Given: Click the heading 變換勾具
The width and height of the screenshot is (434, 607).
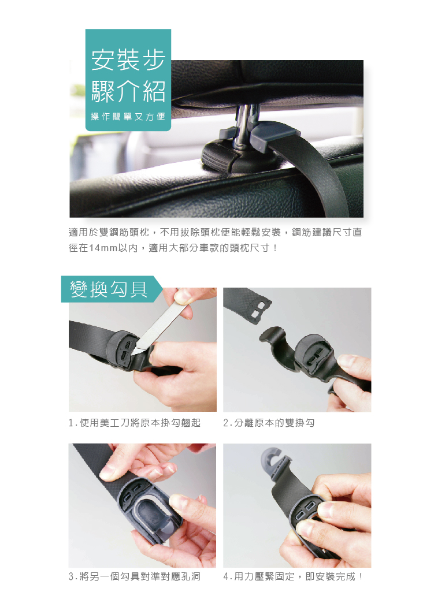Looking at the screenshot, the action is click(x=109, y=289).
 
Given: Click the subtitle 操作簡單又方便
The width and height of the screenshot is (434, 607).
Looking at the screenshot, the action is click(x=128, y=117).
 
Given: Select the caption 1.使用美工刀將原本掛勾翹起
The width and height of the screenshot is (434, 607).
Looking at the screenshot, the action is click(x=135, y=423).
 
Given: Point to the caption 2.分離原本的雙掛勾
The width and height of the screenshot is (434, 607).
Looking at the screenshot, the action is click(x=269, y=423).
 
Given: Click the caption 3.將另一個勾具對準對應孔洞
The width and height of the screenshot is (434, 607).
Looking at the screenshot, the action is click(x=135, y=576).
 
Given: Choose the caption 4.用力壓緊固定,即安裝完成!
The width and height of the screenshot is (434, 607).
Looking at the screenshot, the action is click(x=294, y=576).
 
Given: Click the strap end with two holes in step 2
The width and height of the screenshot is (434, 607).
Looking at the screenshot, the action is click(x=248, y=304).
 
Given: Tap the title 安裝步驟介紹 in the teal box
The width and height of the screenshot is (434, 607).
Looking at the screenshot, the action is click(x=128, y=75).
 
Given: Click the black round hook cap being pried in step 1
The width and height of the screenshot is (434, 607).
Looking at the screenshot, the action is click(x=122, y=349).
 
